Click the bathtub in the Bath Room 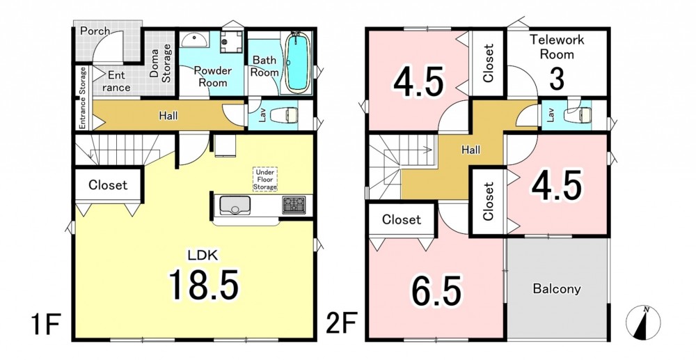[x=297, y=62]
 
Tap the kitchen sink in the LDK [x=235, y=205]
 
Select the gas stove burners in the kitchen [x=294, y=205]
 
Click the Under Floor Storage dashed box [x=265, y=180]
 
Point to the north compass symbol [x=643, y=322]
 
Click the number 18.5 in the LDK [x=204, y=285]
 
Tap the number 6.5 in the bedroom [x=436, y=291]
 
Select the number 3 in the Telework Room [x=557, y=79]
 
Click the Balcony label [x=557, y=289]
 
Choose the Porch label [x=95, y=31]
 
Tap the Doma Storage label [x=160, y=63]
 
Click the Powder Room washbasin [x=194, y=40]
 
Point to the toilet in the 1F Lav [x=286, y=115]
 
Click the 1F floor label [x=45, y=325]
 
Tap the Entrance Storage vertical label [x=83, y=98]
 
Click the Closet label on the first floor [x=108, y=185]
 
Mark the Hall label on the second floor [x=470, y=150]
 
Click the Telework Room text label [x=557, y=47]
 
